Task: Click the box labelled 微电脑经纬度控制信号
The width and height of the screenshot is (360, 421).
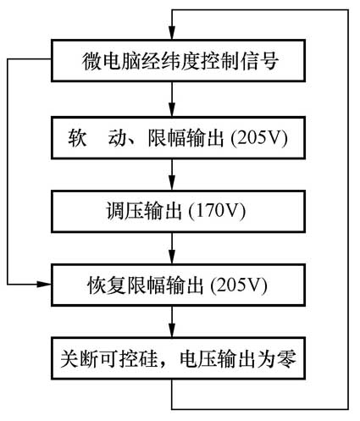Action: click(172, 62)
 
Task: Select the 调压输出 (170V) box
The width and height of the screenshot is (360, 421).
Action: click(172, 209)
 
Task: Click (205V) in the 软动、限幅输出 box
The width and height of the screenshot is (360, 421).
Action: click(260, 136)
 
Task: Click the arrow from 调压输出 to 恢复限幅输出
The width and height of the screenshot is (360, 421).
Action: click(172, 245)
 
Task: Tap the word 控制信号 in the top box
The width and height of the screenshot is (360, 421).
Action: click(245, 62)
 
